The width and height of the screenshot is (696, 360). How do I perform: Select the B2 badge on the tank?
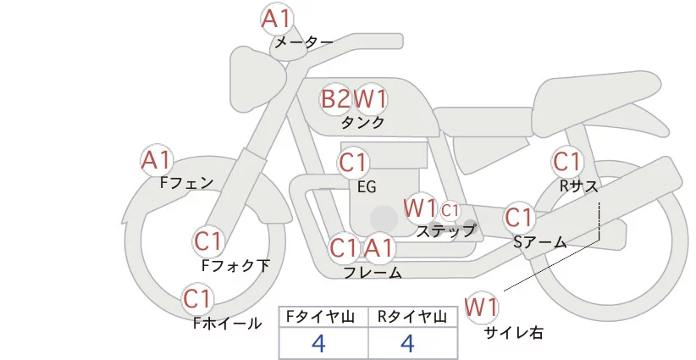(x=335, y=99)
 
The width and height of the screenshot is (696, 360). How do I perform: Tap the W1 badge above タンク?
(x=370, y=99)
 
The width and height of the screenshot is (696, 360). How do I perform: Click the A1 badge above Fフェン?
(x=157, y=159)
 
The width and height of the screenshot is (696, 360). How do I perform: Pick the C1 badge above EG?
(x=354, y=162)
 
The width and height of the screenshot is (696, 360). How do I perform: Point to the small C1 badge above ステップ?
(x=450, y=209)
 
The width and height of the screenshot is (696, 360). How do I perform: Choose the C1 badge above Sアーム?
(x=519, y=218)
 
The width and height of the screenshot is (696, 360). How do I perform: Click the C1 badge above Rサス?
(x=566, y=161)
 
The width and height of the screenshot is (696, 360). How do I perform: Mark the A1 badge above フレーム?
(x=379, y=248)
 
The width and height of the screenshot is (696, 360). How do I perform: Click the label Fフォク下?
(x=236, y=265)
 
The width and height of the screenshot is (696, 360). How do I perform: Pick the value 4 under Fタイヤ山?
(x=319, y=343)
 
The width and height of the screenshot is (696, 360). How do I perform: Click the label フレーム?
(x=373, y=272)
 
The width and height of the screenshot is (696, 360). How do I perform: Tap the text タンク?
(x=362, y=122)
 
